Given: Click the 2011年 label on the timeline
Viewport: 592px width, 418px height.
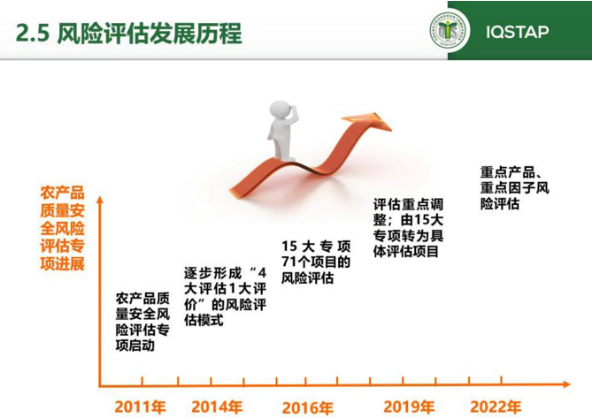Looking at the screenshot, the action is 141,407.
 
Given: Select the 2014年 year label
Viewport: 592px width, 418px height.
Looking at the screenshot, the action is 217,407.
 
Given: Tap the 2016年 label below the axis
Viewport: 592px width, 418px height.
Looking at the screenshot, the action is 308,407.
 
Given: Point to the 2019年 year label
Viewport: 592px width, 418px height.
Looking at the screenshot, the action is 409,407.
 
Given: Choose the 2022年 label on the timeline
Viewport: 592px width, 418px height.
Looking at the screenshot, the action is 496,407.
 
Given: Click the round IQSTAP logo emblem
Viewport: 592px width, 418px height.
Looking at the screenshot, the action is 448,31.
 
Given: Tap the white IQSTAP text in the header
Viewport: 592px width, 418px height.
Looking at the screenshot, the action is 518,32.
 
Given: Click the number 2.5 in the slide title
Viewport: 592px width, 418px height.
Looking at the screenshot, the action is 33,34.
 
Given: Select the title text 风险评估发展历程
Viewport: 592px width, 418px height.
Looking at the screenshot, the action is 150,34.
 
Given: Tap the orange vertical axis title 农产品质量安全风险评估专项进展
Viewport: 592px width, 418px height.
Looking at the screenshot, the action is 62,228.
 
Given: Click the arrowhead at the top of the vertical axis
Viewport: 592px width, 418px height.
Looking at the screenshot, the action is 100,200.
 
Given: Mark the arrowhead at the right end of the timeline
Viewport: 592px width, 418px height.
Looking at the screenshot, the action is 566,384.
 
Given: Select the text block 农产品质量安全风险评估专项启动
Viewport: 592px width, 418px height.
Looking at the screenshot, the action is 142,322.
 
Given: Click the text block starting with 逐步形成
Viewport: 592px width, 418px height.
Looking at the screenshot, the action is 225,296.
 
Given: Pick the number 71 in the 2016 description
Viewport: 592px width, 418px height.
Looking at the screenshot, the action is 289,262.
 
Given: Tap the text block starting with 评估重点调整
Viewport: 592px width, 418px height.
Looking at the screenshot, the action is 408,228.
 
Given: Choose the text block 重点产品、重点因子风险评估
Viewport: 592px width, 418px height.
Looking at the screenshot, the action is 515,188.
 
